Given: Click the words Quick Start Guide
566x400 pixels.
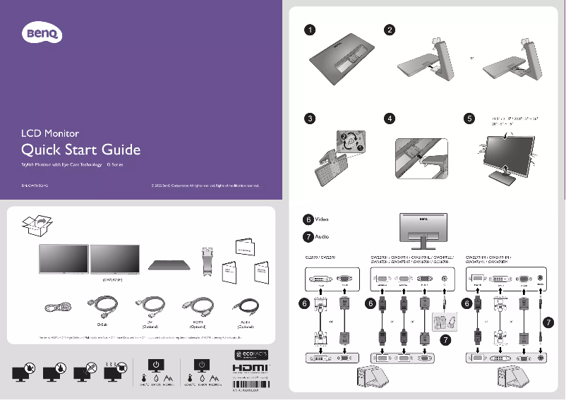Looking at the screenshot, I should [x=81, y=150].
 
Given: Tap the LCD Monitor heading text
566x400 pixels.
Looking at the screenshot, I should [x=49, y=133].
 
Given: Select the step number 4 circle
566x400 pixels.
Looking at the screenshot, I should [x=389, y=118].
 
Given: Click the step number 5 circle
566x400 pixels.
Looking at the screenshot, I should [x=469, y=118].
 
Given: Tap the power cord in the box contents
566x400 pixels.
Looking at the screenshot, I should [x=56, y=308].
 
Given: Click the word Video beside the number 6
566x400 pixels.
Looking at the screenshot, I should [x=322, y=219].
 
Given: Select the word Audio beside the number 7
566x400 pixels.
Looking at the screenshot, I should [x=322, y=236].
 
